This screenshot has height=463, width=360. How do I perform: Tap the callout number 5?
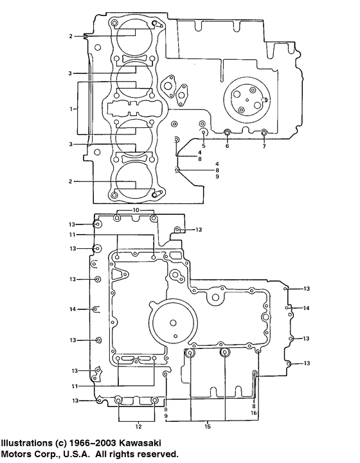coord(203,145)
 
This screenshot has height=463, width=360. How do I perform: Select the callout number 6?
coord(227,146)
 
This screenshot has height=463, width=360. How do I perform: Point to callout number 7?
coord(264,146)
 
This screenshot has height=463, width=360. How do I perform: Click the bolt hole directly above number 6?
coord(227,134)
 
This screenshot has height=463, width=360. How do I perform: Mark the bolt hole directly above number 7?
coord(264,133)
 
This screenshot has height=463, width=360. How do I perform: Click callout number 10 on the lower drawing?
coord(136,210)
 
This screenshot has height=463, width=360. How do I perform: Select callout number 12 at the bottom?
coord(138,426)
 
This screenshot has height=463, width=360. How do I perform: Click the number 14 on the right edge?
coord(307,309)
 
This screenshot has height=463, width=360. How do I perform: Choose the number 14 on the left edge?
coord(73,309)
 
